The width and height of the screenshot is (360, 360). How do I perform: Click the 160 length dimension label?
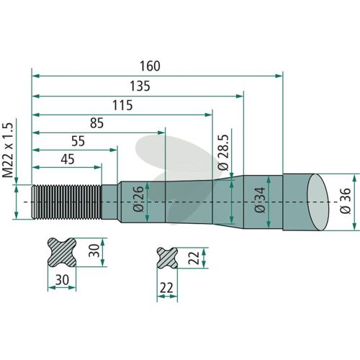[x=150, y=66]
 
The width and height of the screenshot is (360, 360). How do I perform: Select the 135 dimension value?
[x=140, y=86]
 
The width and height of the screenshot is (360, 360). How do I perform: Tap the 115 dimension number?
[x=122, y=105]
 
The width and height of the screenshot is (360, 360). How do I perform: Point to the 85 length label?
[x=96, y=123]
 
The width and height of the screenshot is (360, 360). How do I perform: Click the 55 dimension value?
[x=78, y=141]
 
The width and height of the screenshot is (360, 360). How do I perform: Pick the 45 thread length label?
[x=68, y=159]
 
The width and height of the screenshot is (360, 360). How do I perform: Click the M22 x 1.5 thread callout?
[x=8, y=150]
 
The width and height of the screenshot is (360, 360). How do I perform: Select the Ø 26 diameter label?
[x=138, y=199]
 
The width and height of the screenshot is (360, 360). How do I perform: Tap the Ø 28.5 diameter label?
[x=223, y=152]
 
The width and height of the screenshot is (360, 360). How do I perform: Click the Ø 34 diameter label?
[x=260, y=200]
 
